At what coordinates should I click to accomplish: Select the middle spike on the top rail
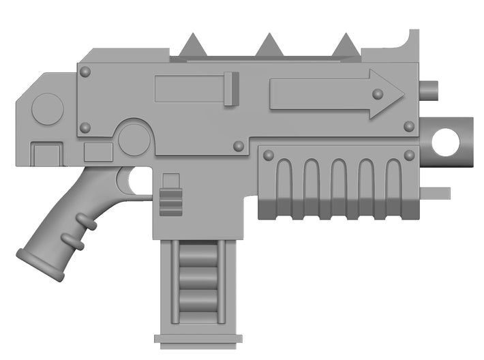tap(268, 46)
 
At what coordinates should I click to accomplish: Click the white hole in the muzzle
tap(445, 141)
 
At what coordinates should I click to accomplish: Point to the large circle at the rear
tap(48, 109)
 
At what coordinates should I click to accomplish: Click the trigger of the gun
tap(125, 179)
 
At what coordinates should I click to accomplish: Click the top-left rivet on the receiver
tap(85, 71)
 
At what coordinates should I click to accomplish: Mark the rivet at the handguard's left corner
tap(268, 155)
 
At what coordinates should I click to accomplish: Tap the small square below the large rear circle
tap(46, 153)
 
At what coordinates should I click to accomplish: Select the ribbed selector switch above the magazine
tap(170, 202)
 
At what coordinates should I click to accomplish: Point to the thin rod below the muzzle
tap(436, 193)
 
